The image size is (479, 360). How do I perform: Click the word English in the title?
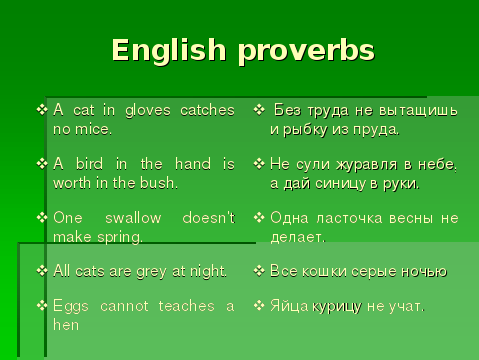(x=169, y=50)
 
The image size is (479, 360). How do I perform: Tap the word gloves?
(x=148, y=111)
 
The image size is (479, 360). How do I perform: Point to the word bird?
(x=89, y=164)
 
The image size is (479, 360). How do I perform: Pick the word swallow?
(x=133, y=218)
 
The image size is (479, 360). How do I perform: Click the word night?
(x=208, y=271)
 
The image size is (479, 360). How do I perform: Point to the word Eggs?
(x=71, y=307)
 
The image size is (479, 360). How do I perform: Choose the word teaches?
(x=186, y=306)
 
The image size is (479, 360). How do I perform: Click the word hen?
(x=66, y=325)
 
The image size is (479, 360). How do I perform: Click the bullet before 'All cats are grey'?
(x=42, y=271)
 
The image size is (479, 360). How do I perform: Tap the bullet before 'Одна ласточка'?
(x=259, y=218)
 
